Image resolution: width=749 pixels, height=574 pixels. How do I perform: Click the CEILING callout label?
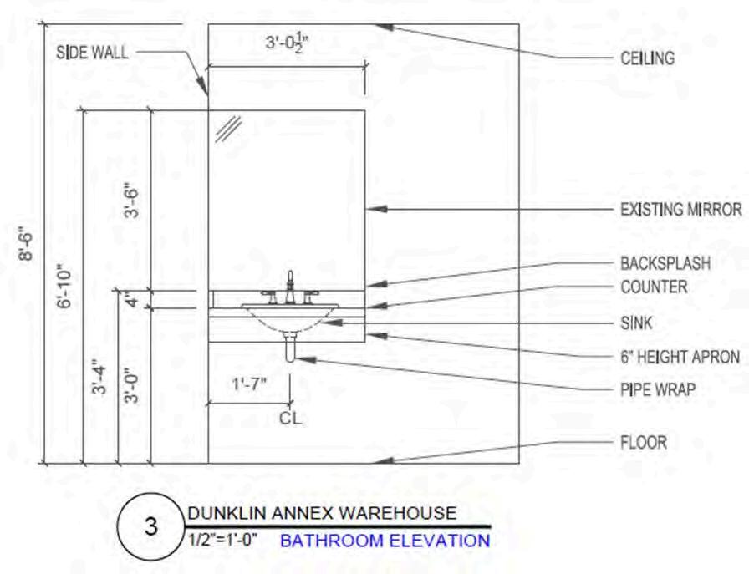tap(647, 58)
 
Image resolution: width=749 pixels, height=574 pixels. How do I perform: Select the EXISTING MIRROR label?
tap(680, 209)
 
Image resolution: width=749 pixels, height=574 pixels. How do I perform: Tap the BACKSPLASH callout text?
tap(665, 263)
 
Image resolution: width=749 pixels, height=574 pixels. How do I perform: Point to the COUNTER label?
tap(654, 287)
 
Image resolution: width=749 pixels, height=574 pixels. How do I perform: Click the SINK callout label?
tap(636, 323)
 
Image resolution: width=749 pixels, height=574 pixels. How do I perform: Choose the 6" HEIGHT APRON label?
tap(680, 357)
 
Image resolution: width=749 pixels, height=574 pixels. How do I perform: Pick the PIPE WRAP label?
tap(657, 389)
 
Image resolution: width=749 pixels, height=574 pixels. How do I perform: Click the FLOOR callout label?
tap(643, 442)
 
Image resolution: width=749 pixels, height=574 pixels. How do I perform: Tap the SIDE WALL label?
tap(92, 53)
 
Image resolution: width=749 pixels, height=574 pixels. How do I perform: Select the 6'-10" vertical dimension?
tap(66, 288)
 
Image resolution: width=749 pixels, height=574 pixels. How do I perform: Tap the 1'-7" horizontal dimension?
tap(248, 384)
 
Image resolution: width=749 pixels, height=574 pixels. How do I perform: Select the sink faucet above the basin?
tap(290, 288)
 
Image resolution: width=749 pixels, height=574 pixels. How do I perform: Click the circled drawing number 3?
tap(150, 526)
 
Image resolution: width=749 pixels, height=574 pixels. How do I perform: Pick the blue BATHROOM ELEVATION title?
tap(385, 541)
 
